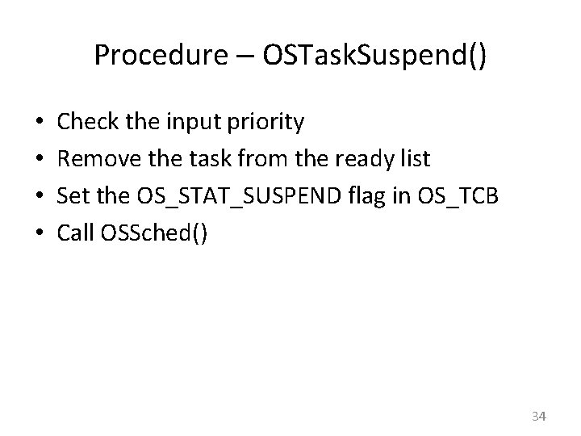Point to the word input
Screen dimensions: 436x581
point(194,124)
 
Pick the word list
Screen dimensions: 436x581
point(414,159)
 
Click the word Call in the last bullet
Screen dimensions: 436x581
point(77,233)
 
